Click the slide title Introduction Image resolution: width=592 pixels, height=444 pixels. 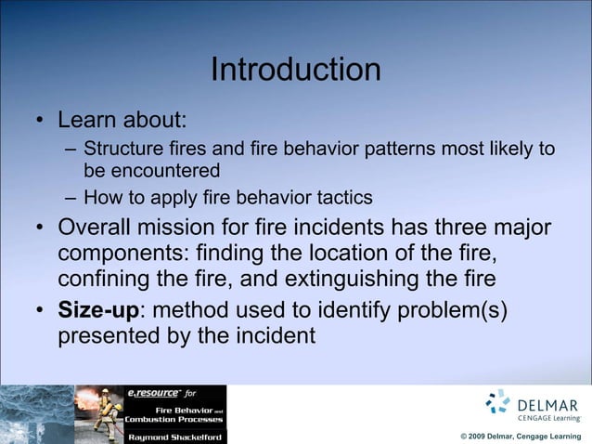295,70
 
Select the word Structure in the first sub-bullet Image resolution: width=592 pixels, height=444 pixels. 119,149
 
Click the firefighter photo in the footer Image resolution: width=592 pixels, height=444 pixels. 98,414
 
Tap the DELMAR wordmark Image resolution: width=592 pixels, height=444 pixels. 547,405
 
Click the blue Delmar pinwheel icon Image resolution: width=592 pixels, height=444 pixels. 498,402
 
